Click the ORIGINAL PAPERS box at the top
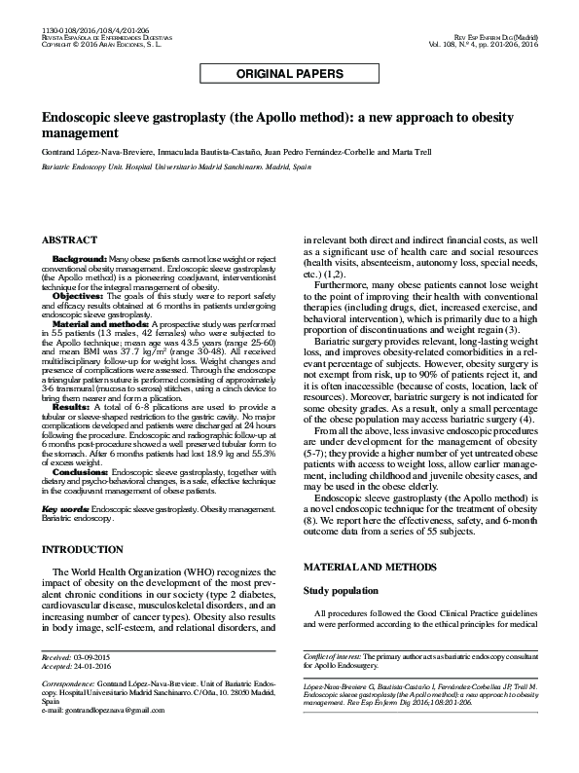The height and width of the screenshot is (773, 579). [289, 74]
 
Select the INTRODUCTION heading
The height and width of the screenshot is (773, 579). [83, 549]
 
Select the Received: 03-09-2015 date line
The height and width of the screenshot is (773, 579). [79, 659]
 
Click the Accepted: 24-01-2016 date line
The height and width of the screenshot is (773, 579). [79, 667]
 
